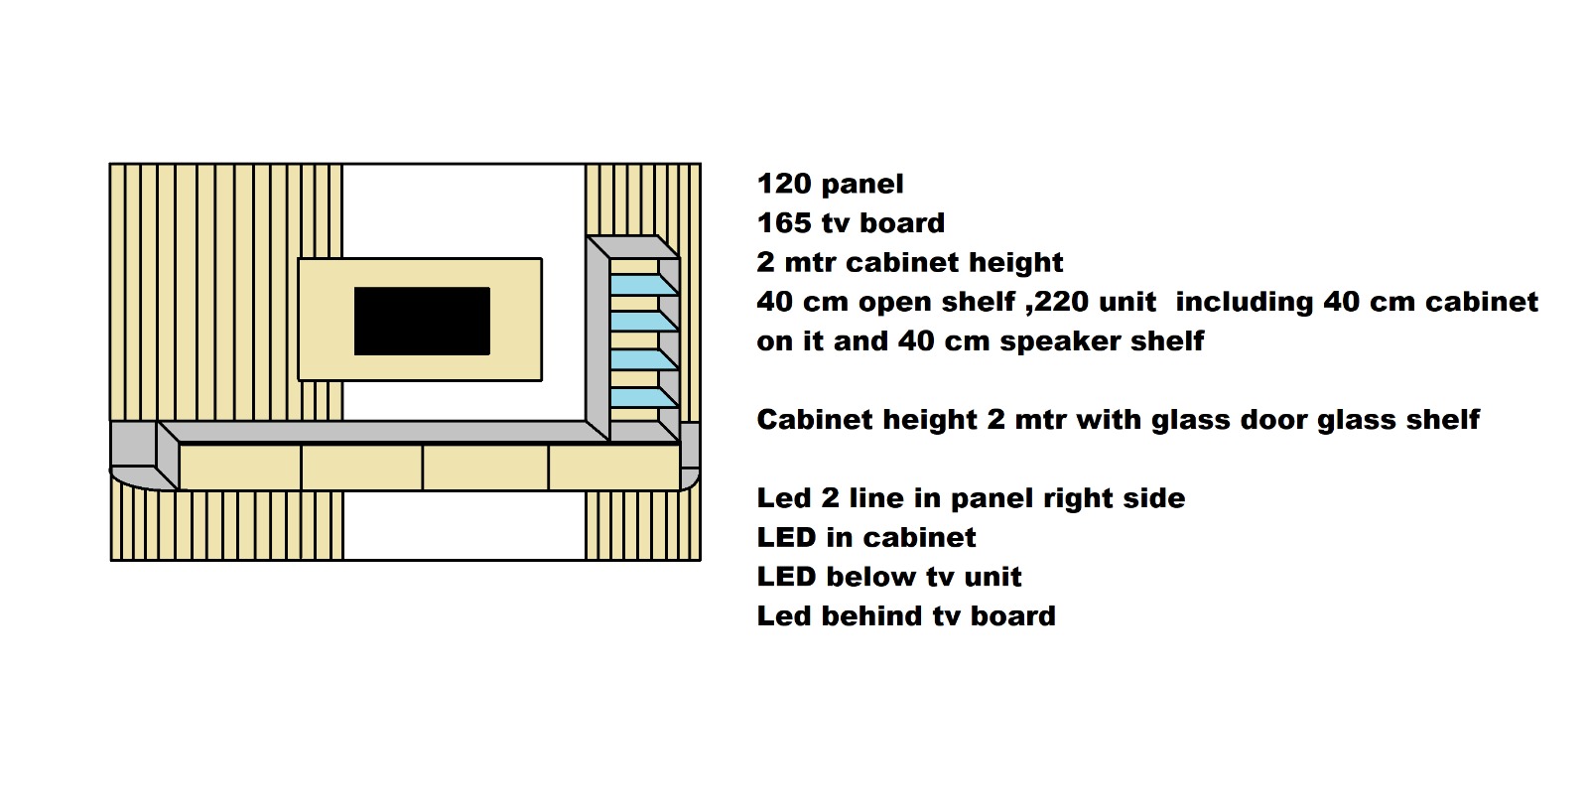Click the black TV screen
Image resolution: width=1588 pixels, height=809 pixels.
coord(422,321)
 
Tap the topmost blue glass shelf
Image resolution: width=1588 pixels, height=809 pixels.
coord(639,285)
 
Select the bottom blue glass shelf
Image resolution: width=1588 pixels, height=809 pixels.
coord(639,398)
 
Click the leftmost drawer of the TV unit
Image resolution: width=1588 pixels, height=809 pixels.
coord(239,467)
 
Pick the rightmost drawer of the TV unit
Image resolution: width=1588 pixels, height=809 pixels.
coord(613,467)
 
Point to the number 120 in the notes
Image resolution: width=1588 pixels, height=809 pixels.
coord(784,184)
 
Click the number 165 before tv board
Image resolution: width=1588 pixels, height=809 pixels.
coord(784,223)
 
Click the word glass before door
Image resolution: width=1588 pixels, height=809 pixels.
coord(1184,420)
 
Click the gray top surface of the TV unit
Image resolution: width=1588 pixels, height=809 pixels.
coord(377,432)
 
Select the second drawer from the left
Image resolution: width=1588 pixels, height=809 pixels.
coord(362,467)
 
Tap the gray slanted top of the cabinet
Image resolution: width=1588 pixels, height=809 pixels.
coord(631,246)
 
